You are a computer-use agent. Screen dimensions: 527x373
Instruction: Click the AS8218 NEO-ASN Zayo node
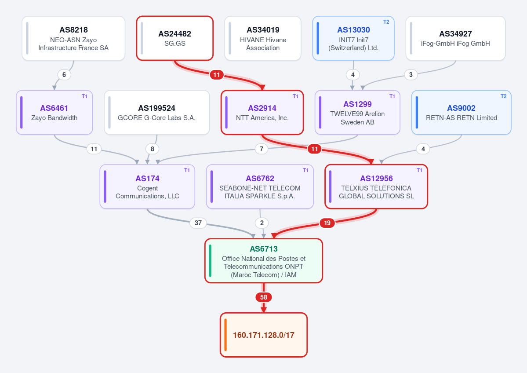[x=73, y=38]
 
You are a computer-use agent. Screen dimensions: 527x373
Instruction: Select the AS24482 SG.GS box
[x=175, y=38]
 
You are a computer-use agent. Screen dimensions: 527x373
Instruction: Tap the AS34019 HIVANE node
[x=263, y=38]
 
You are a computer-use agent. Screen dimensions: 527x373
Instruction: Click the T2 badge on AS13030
[x=386, y=22]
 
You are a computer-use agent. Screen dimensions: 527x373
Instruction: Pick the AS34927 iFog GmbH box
[x=455, y=38]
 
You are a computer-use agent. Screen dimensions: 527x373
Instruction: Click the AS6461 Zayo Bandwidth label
[x=55, y=112]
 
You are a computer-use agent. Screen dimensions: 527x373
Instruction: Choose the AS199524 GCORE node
[x=156, y=112]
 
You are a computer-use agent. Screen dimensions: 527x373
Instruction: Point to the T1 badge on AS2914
[x=295, y=96]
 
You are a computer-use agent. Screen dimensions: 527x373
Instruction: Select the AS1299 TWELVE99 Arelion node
[x=357, y=112]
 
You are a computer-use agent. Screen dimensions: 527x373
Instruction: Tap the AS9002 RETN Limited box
[x=461, y=112]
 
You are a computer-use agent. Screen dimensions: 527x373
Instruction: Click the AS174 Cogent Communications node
[x=147, y=186]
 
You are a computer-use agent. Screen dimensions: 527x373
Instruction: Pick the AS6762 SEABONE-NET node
[x=260, y=186]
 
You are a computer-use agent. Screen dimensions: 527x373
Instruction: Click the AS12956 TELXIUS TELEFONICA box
[x=376, y=186]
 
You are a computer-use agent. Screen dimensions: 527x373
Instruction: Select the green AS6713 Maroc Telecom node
[x=264, y=261]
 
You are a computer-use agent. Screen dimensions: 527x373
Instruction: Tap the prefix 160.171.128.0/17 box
[x=264, y=335]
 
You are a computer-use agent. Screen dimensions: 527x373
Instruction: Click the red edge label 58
[x=264, y=297]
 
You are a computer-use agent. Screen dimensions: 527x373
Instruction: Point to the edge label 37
[x=198, y=223]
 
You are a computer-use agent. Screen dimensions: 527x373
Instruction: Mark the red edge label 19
[x=327, y=223]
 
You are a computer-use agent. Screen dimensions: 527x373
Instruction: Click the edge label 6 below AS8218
[x=64, y=75]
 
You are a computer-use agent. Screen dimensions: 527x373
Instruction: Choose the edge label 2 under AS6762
[x=262, y=223]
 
